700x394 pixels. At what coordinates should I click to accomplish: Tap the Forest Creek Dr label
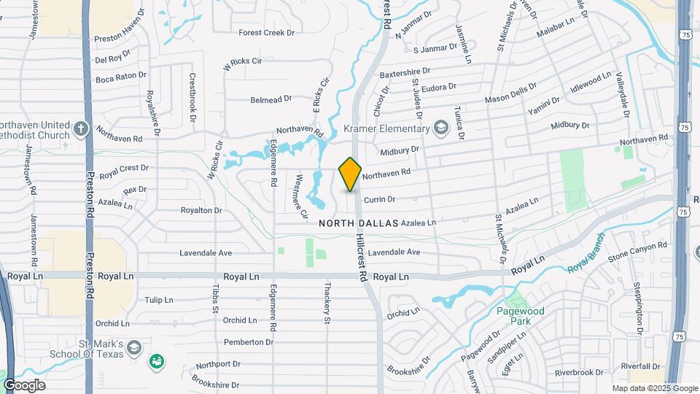[x=267, y=33]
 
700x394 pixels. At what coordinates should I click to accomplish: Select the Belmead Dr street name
[x=271, y=99]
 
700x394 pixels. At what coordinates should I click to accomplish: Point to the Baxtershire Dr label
[x=405, y=73]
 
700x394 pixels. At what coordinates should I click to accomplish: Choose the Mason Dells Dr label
[x=510, y=98]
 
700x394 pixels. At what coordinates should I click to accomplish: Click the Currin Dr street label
[x=379, y=199]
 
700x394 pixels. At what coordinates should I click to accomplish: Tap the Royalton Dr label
[x=201, y=210]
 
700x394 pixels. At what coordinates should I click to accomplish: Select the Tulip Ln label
[x=158, y=300]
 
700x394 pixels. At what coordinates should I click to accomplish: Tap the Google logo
[x=24, y=385]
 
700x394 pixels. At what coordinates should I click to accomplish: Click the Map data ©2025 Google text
[x=654, y=388]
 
